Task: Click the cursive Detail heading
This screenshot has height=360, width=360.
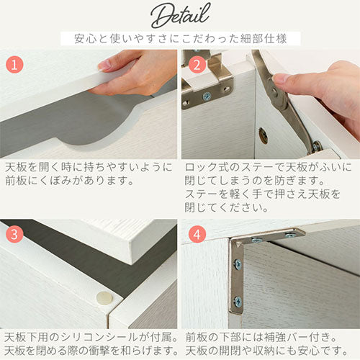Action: (181, 16)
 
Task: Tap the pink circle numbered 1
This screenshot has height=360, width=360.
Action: (14, 65)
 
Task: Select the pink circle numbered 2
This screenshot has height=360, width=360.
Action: (197, 65)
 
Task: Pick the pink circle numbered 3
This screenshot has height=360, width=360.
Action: (14, 234)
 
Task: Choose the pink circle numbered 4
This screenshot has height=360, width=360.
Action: (197, 234)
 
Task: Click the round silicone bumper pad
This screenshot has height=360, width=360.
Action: (104, 298)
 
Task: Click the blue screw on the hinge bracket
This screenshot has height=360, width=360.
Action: (206, 96)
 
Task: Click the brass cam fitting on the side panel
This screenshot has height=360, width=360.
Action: (264, 136)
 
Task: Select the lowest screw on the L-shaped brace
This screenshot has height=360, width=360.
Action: (238, 301)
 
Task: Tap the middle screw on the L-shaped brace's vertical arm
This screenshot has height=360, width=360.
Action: (237, 264)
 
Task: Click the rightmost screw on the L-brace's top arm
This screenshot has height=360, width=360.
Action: (290, 235)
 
